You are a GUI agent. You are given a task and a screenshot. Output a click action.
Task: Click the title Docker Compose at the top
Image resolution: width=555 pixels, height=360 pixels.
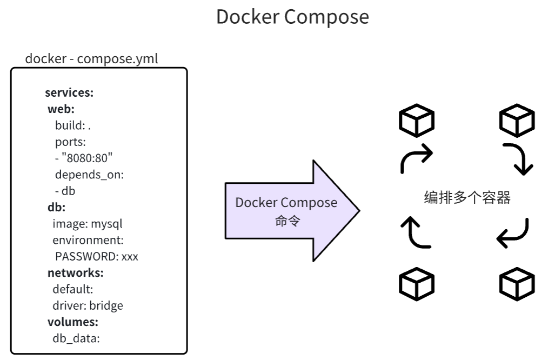(x=292, y=17)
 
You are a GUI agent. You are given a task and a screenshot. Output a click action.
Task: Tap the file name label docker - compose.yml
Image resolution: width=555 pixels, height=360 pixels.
(x=91, y=58)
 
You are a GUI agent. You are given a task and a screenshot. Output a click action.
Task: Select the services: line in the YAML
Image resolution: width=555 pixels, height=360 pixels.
(x=69, y=92)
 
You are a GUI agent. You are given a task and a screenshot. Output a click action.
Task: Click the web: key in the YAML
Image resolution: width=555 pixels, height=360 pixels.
(x=61, y=109)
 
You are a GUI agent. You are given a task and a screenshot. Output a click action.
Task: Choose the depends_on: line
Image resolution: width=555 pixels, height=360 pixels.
(x=89, y=175)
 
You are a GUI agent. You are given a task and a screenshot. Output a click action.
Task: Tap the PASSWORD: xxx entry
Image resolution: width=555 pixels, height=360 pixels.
(x=96, y=256)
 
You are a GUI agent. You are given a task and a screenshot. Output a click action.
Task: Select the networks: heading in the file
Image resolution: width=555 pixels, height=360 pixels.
(x=75, y=272)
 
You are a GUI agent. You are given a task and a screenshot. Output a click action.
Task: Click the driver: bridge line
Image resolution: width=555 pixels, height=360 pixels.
(x=88, y=305)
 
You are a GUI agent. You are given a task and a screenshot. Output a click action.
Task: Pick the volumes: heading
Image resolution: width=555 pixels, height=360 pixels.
(x=72, y=322)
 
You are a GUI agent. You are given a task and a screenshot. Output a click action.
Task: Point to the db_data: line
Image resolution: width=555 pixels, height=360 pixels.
(x=76, y=339)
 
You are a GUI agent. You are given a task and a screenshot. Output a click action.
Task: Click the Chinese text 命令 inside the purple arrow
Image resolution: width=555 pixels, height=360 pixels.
(x=287, y=221)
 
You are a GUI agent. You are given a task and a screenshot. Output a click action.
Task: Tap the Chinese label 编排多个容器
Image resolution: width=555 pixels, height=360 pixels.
(x=467, y=198)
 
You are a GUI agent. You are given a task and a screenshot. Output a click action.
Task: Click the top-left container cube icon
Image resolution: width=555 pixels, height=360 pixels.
(x=416, y=121)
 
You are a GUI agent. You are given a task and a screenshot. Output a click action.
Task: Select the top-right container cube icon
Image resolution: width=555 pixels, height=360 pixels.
(x=517, y=121)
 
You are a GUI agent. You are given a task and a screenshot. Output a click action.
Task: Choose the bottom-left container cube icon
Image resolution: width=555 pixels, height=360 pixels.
(x=416, y=284)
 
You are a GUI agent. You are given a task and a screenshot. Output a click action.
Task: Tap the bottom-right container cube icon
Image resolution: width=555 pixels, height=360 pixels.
(x=517, y=284)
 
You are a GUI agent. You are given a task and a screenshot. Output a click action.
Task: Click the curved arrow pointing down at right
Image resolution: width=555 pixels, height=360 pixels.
(x=519, y=159)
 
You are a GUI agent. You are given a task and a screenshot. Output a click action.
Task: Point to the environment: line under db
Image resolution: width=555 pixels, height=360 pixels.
(x=88, y=239)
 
